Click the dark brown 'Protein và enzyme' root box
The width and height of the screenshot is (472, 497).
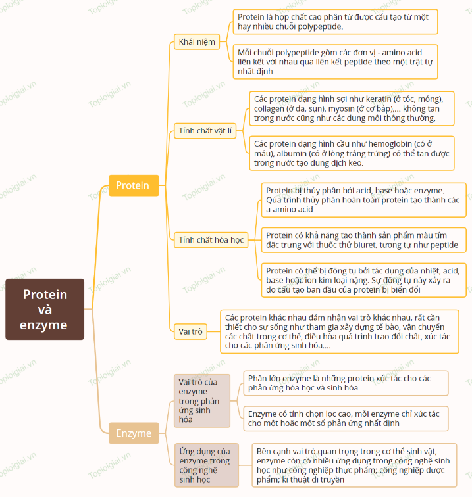pyautogui.click(x=45, y=310)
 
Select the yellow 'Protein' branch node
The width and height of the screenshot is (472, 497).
pyautogui.click(x=134, y=185)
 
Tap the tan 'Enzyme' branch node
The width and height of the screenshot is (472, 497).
pyautogui.click(x=134, y=433)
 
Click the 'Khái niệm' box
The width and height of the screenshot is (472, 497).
pyautogui.click(x=197, y=42)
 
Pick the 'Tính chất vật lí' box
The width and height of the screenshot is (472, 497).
pyautogui.click(x=205, y=131)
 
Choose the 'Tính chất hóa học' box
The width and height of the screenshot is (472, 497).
pyautogui.click(x=211, y=240)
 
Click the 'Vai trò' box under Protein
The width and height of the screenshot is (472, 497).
pyautogui.click(x=190, y=331)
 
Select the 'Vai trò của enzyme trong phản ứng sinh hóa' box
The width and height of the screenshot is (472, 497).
pyautogui.click(x=202, y=401)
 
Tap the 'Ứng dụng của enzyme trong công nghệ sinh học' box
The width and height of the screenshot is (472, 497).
pyautogui.click(x=206, y=465)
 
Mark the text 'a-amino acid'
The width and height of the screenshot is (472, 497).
pyautogui.click(x=290, y=210)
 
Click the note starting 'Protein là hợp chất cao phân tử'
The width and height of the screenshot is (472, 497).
pyautogui.click(x=335, y=22)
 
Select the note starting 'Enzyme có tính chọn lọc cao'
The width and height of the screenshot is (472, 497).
pyautogui.click(x=346, y=418)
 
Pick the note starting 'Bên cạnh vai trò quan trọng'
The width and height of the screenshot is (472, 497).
pyautogui.click(x=354, y=465)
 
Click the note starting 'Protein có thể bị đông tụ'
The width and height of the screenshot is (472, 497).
pyautogui.click(x=364, y=280)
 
